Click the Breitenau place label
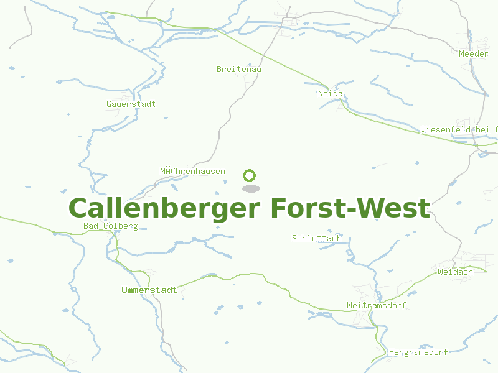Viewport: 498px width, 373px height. pyautogui.click(x=238, y=69)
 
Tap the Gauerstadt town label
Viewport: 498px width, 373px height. pyautogui.click(x=131, y=104)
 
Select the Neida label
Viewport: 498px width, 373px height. pyautogui.click(x=331, y=94)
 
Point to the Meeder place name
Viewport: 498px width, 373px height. pyautogui.click(x=474, y=54)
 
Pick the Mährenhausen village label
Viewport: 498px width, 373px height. pyautogui.click(x=192, y=171)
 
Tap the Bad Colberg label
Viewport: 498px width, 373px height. pyautogui.click(x=110, y=226)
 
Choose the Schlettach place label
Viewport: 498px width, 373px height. pyautogui.click(x=316, y=238)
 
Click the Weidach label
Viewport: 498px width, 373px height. pyautogui.click(x=455, y=272)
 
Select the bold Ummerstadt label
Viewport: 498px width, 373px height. pyautogui.click(x=149, y=290)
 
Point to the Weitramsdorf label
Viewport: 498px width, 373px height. pyautogui.click(x=376, y=305)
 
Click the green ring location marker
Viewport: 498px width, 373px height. pyautogui.click(x=250, y=175)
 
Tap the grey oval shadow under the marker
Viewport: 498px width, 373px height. pyautogui.click(x=250, y=188)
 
